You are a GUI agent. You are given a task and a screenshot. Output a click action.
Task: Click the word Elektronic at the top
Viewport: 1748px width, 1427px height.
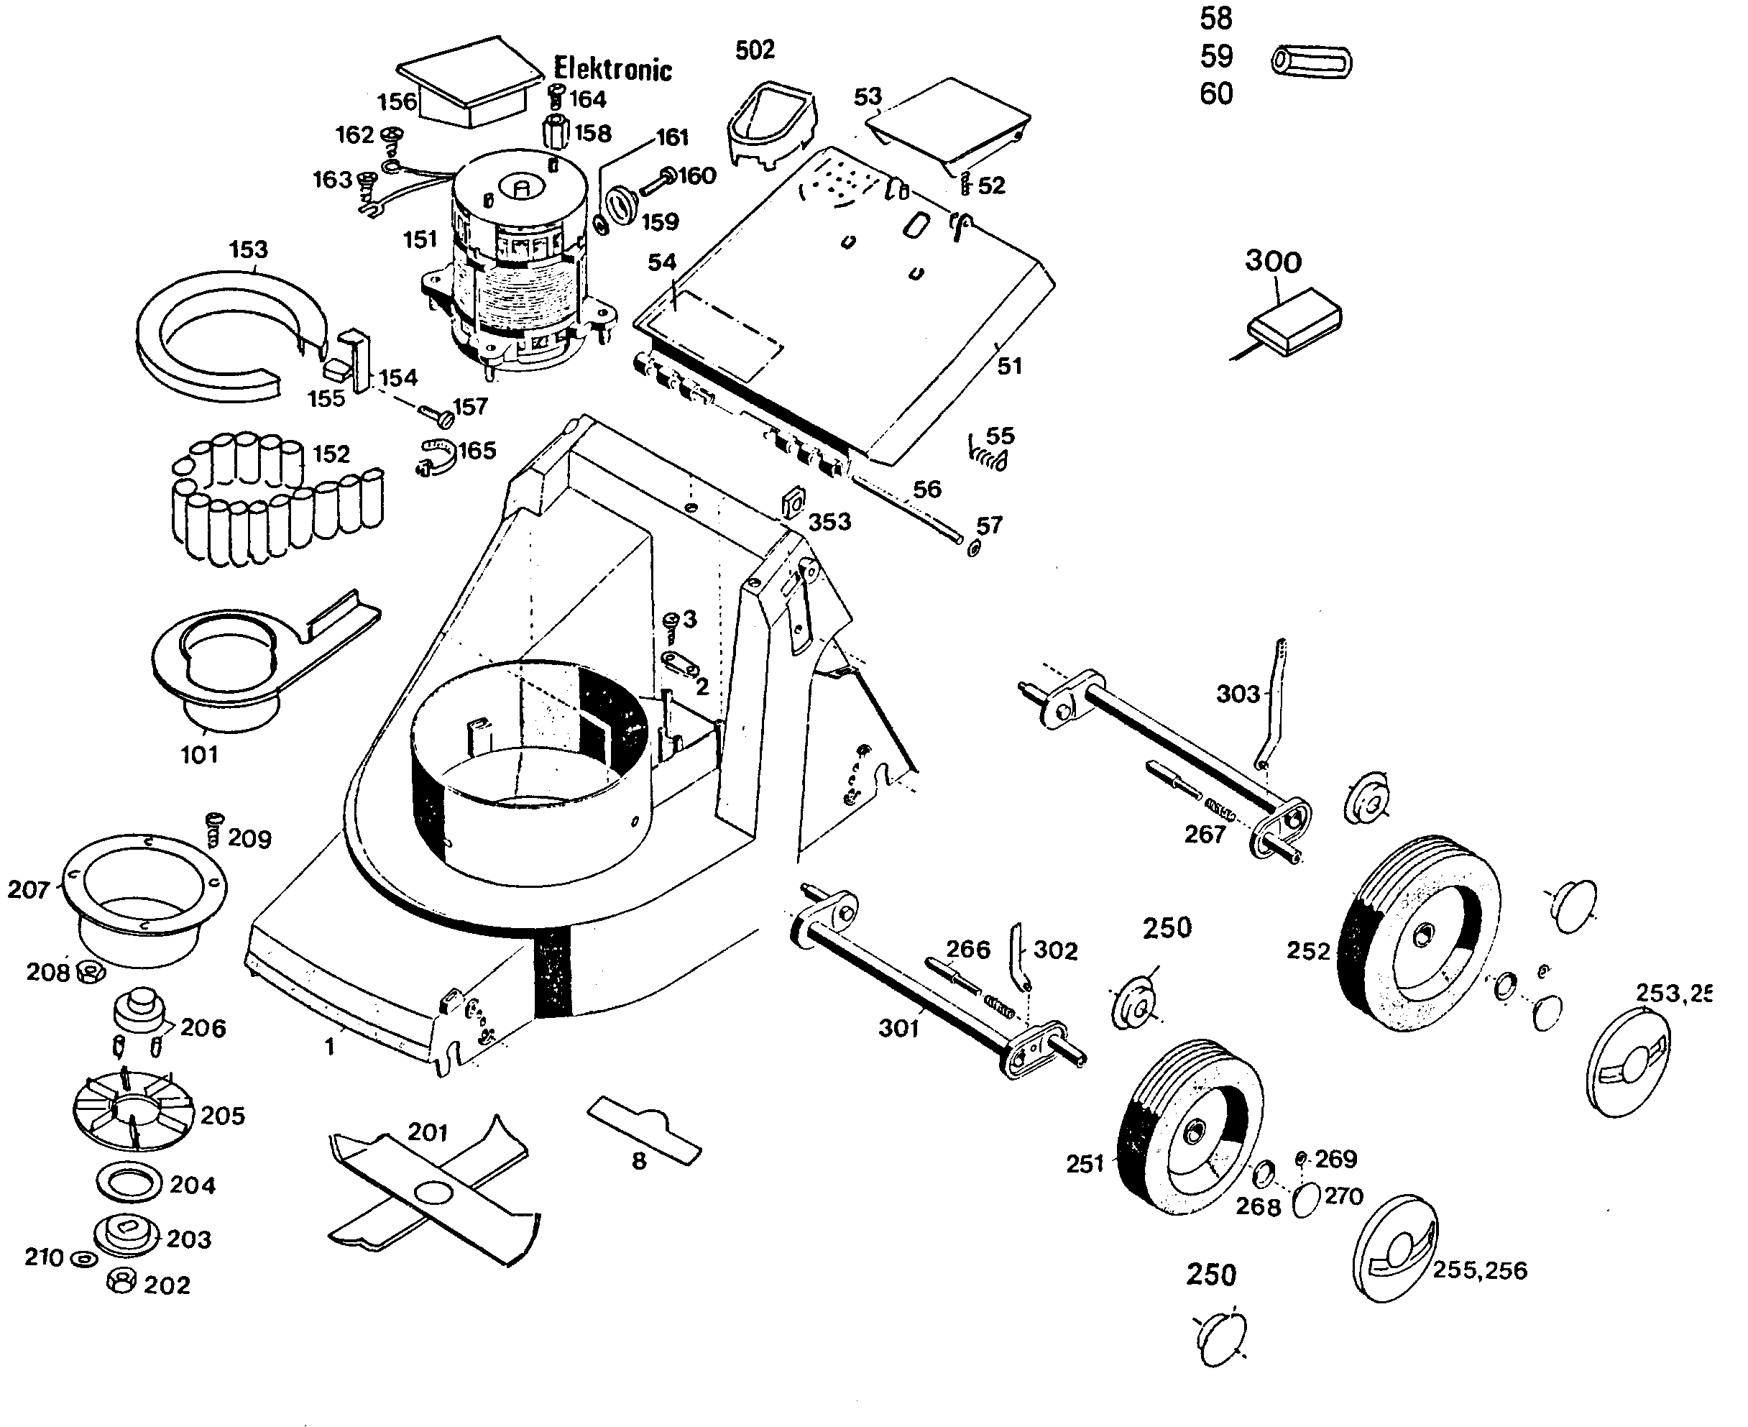point(612,69)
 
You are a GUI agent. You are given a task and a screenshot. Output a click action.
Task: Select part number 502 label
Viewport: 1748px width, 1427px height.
point(755,50)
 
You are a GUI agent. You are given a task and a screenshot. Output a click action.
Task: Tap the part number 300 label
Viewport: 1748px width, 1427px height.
point(1273,262)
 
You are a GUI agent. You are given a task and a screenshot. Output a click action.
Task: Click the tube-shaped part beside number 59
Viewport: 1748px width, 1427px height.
point(1311,63)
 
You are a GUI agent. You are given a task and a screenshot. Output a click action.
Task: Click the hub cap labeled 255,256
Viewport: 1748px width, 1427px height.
point(1394,1249)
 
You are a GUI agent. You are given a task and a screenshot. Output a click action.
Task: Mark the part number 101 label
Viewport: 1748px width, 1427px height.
point(200,755)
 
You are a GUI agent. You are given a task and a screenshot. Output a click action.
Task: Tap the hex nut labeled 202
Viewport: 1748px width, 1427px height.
point(121,1280)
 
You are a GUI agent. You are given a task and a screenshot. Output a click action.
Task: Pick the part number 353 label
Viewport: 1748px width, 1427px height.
point(829,522)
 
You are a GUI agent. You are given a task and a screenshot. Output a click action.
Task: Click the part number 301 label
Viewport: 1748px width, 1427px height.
point(898,1028)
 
